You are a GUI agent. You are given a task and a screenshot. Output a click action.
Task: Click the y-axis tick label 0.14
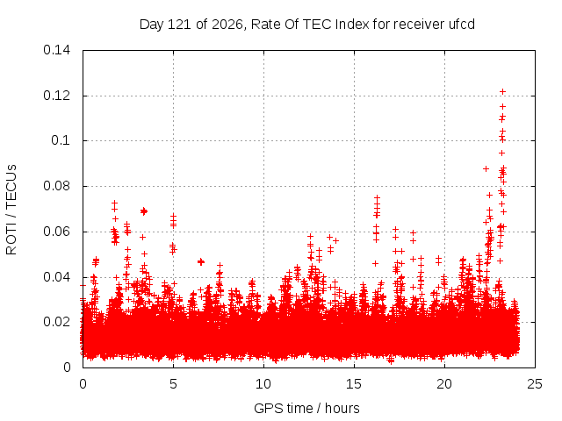tap(56, 50)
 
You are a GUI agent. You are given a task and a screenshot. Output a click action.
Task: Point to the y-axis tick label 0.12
tap(56, 96)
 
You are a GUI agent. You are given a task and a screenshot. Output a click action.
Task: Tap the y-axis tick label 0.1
tap(61, 140)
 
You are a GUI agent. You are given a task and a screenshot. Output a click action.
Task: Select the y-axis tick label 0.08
tap(56, 186)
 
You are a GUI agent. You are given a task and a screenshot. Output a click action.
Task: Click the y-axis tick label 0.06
tap(56, 232)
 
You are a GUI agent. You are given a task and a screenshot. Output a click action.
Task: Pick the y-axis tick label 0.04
tap(56, 277)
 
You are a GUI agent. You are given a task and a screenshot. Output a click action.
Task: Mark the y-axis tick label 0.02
tap(56, 322)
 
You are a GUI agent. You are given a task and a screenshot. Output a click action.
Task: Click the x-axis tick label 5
tap(174, 384)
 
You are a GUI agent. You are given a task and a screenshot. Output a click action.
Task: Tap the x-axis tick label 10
tap(263, 384)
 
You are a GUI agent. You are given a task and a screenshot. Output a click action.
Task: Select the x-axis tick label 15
tap(354, 384)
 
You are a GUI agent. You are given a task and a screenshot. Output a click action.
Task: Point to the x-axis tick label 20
tap(444, 384)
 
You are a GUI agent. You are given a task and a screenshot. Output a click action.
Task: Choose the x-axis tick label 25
tap(535, 384)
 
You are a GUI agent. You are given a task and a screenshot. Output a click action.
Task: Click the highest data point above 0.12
tap(502, 92)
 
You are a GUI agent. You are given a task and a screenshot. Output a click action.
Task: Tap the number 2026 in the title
tap(227, 25)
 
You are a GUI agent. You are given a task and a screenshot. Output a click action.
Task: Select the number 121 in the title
tap(179, 25)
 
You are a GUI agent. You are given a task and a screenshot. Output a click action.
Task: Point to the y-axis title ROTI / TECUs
tap(11, 210)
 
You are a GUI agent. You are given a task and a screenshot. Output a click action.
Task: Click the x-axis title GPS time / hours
tap(306, 409)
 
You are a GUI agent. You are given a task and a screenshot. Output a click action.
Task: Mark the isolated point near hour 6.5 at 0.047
tap(201, 262)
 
